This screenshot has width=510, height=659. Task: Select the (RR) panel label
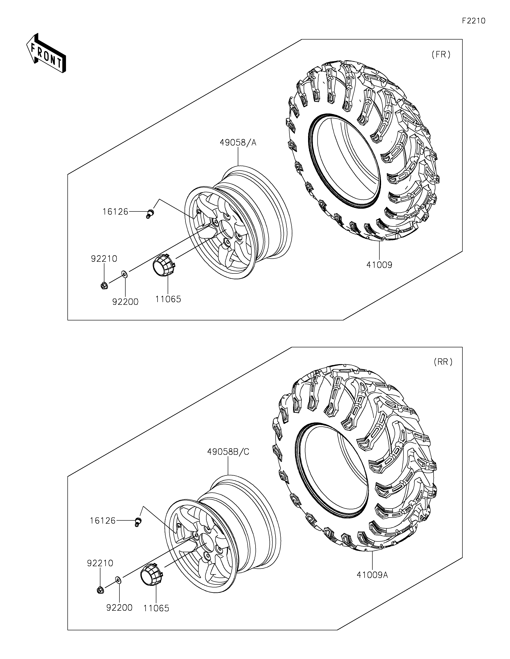tap(443, 362)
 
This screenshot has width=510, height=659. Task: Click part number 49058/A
tap(238, 142)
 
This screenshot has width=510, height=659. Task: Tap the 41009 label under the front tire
tap(379, 265)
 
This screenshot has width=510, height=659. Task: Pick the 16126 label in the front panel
tap(115, 212)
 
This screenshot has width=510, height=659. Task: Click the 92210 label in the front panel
tap(104, 259)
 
